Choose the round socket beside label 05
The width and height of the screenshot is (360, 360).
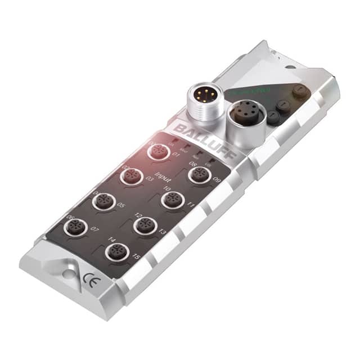(103, 201)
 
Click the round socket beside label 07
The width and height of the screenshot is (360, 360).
(75, 227)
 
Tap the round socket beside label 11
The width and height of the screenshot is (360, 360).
(171, 200)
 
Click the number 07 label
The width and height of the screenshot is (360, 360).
(94, 229)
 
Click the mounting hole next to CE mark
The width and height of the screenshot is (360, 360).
(68, 273)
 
